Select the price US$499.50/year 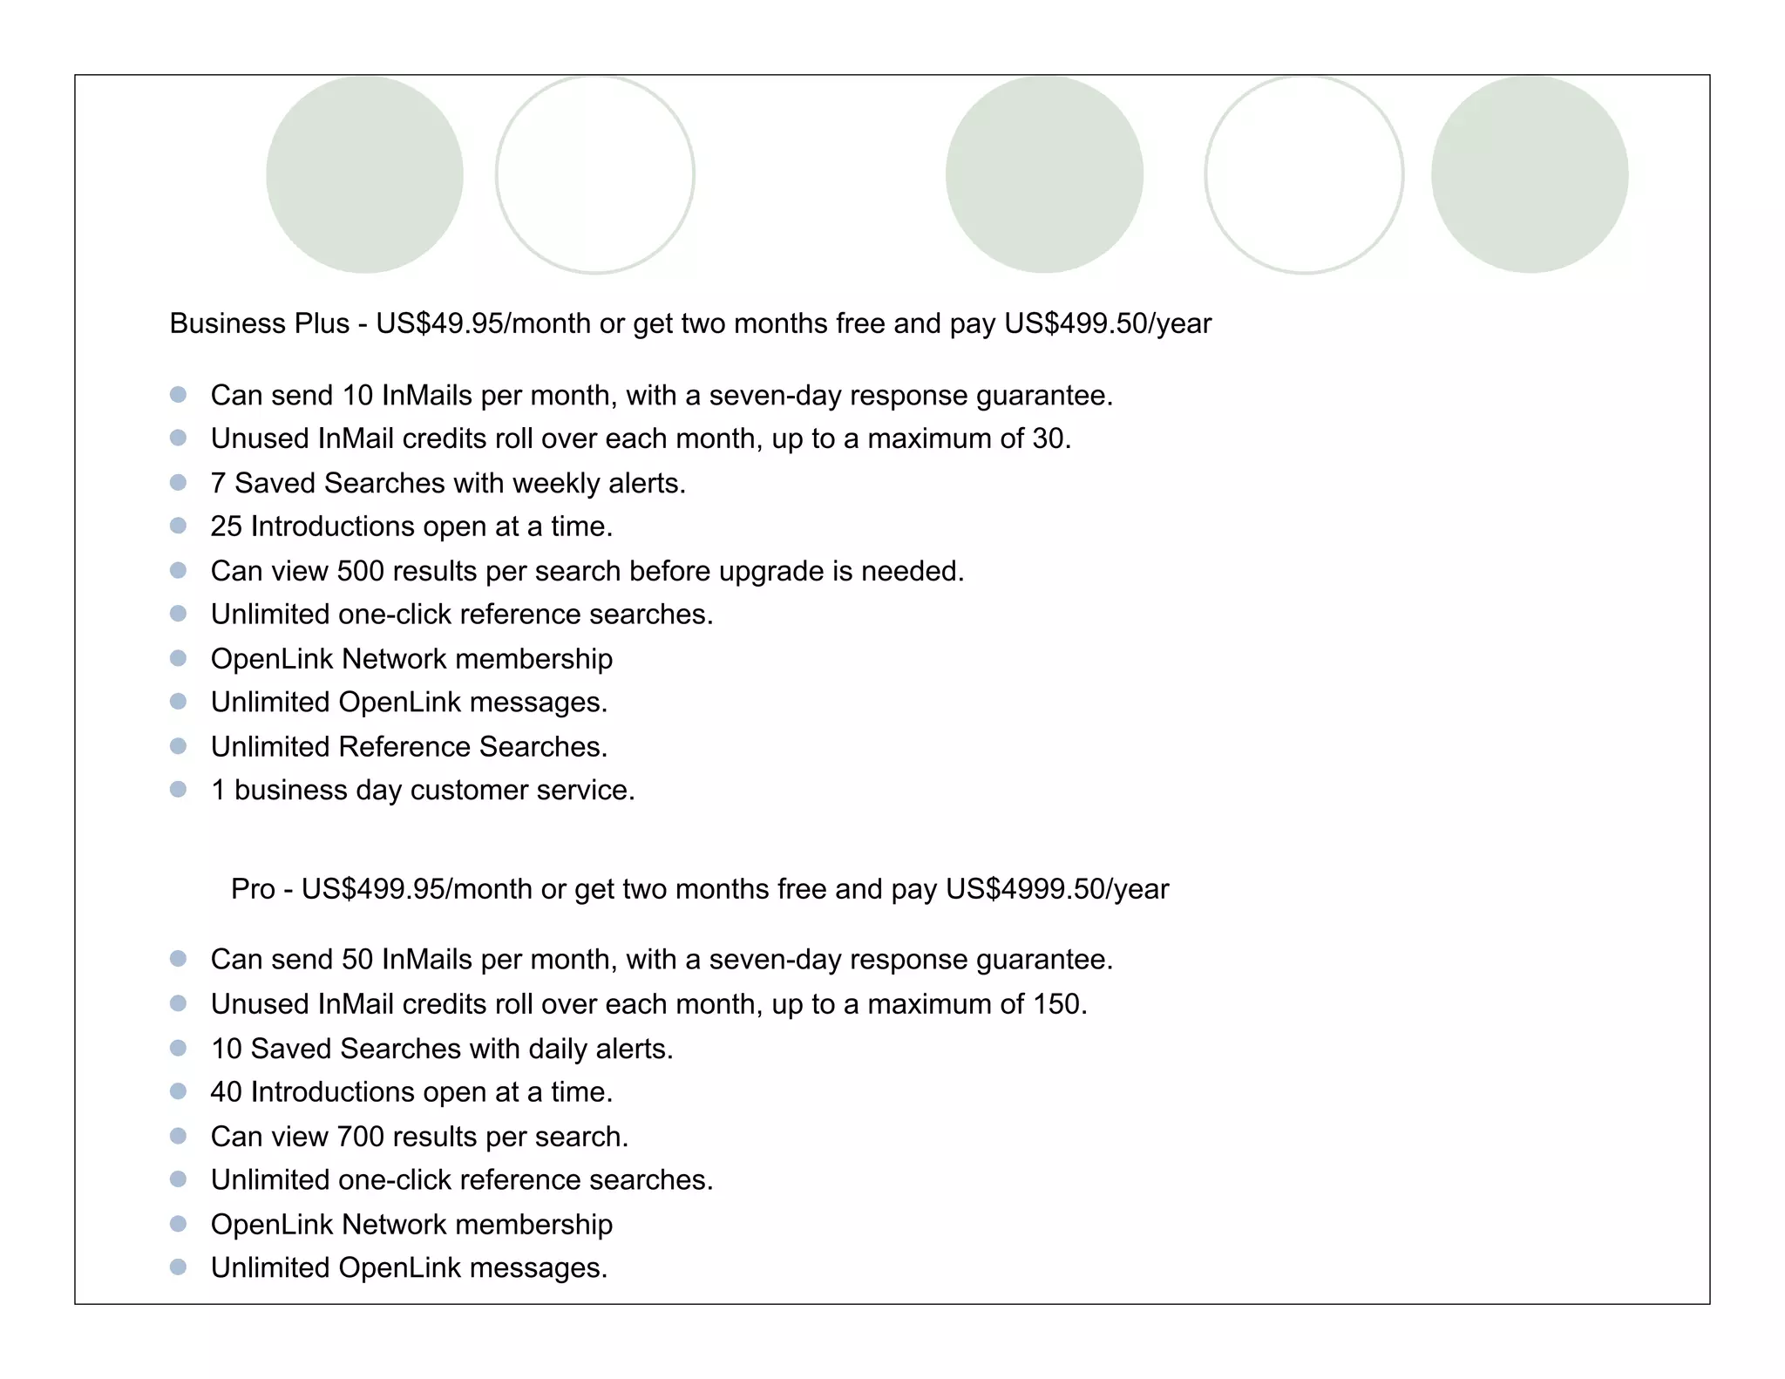[x=1107, y=324]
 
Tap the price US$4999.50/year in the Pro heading [x=1056, y=889]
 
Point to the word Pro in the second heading [x=253, y=889]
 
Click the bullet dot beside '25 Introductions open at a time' [x=179, y=526]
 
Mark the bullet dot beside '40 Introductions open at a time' [x=179, y=1091]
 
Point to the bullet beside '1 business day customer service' [x=179, y=789]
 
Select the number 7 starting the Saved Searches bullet [x=218, y=483]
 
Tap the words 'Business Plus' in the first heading [x=259, y=324]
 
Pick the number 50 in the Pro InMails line [x=357, y=960]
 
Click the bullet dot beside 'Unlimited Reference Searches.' [x=179, y=746]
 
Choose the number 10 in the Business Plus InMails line [x=357, y=396]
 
